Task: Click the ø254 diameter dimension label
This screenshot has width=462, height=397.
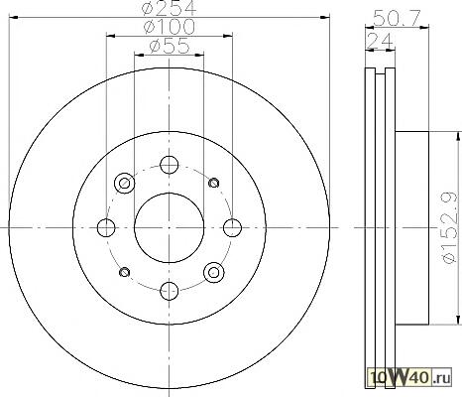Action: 170,8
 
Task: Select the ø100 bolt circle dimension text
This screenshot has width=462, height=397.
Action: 170,27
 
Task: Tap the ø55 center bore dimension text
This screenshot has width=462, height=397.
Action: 170,46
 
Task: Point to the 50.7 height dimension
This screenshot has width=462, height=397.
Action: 397,18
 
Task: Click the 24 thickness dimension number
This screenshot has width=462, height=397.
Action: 380,42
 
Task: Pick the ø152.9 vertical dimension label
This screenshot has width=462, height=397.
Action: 451,227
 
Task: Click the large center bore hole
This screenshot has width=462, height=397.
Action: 169,227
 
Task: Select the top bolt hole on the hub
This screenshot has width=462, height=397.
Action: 169,165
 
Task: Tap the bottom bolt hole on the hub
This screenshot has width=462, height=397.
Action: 169,291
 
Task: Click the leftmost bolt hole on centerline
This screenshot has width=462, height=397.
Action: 106,227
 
